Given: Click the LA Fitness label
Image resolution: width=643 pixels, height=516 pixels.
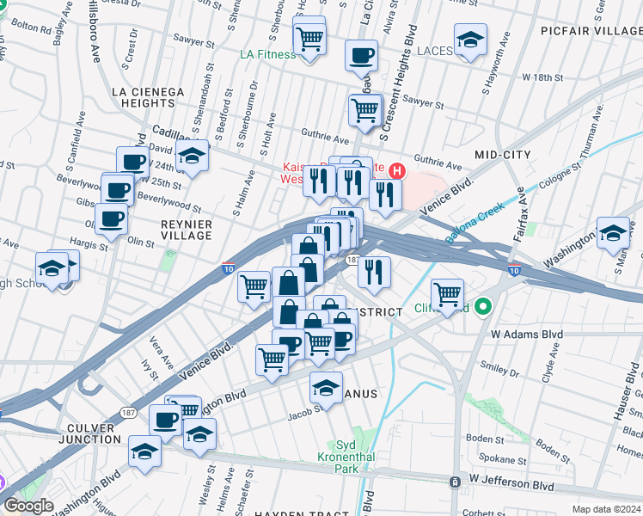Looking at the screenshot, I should pos(267,55).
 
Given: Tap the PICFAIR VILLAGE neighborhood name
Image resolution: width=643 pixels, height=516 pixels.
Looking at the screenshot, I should pos(591,31).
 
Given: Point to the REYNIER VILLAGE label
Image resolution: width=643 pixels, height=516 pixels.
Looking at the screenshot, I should pos(187,230).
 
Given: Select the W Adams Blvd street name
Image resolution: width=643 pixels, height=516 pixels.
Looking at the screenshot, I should pos(526,334).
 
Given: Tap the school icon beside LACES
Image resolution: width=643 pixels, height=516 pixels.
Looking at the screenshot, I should pos(470,40).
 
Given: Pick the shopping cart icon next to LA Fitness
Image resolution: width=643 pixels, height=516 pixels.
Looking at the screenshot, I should pos(309,38).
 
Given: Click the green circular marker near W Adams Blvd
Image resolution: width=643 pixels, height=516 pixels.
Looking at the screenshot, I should pos(483,306).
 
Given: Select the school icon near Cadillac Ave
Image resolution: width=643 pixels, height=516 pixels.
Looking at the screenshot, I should pos(193,157).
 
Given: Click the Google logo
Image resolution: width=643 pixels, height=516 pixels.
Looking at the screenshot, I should pos(28,506).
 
